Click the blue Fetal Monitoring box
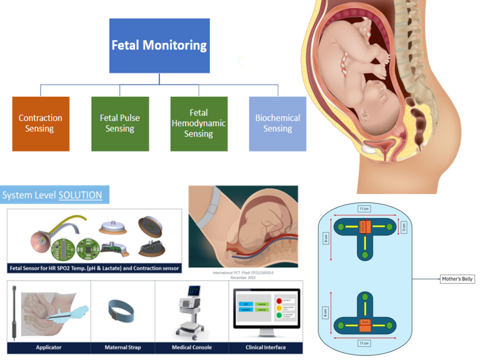click(x=159, y=45)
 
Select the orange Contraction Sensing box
click(x=41, y=124)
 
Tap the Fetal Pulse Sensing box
click(x=120, y=124)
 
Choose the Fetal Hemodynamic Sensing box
click(x=199, y=124)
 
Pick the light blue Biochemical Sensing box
click(x=277, y=124)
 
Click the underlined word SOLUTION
click(x=80, y=195)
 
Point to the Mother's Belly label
click(x=457, y=279)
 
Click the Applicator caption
click(x=49, y=348)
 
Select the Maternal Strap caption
click(x=123, y=348)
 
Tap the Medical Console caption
click(x=192, y=348)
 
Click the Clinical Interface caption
click(x=266, y=348)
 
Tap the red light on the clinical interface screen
click(x=279, y=300)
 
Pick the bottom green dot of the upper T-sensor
click(x=365, y=255)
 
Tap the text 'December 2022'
click(x=243, y=277)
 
